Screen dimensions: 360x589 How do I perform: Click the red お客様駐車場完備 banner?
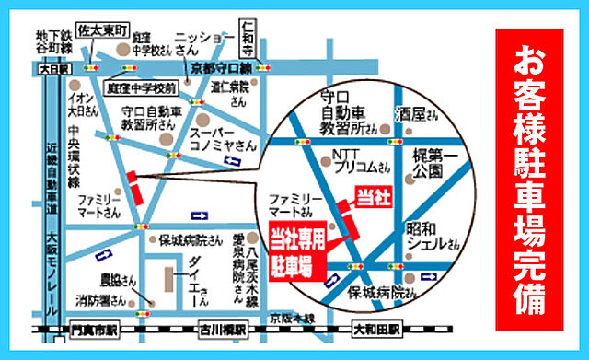coord(535,179)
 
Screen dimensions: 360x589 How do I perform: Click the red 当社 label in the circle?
coord(371,195)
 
